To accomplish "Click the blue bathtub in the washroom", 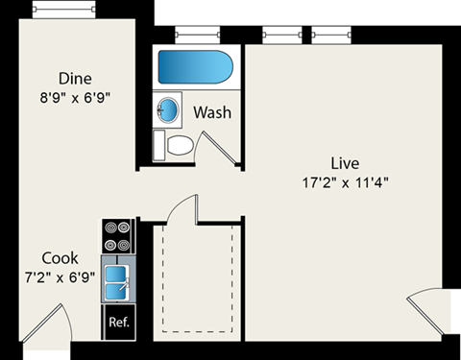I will (x=195, y=68).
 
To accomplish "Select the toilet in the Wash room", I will (x=178, y=146).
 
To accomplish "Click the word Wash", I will (x=211, y=112).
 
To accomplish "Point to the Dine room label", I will (x=75, y=78).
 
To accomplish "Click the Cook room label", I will (x=60, y=259).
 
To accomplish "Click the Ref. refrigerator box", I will (x=119, y=322).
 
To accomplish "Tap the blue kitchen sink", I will (x=118, y=282).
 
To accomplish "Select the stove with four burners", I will (x=118, y=236).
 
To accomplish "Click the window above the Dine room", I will (x=65, y=9).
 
